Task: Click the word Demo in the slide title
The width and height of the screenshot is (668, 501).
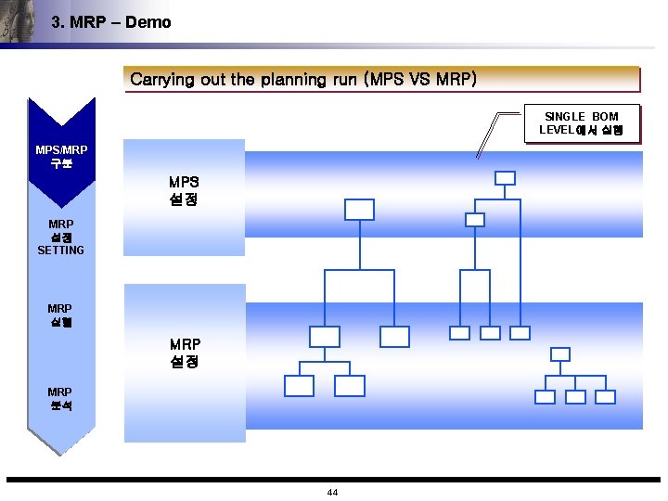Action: coord(148,22)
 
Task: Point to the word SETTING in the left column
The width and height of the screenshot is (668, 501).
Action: coord(60,250)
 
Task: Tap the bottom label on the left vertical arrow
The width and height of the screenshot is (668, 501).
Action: coord(60,399)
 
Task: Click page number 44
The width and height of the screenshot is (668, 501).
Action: coord(332,492)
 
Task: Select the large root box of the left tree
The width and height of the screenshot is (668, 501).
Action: coord(359,210)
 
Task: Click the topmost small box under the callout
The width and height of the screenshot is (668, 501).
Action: coord(505,178)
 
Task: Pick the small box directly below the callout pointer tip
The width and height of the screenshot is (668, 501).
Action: coord(475,220)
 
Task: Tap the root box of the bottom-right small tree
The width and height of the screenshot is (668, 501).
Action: coord(560,353)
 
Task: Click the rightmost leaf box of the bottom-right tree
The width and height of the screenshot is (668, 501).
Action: coord(605,396)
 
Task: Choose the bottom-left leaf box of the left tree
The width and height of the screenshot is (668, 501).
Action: coord(300,386)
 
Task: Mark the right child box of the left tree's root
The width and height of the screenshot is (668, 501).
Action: coord(394,336)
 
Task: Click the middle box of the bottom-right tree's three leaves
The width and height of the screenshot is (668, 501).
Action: coord(575,396)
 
